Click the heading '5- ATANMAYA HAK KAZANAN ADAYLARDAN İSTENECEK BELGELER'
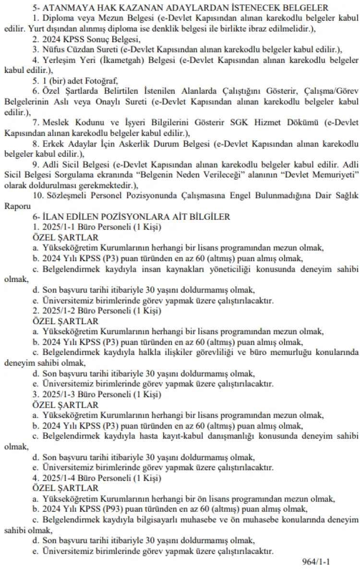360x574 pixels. pos(187,8)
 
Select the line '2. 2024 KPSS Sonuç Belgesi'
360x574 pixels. pos(87,39)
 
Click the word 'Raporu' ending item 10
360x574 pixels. pos(15,206)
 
